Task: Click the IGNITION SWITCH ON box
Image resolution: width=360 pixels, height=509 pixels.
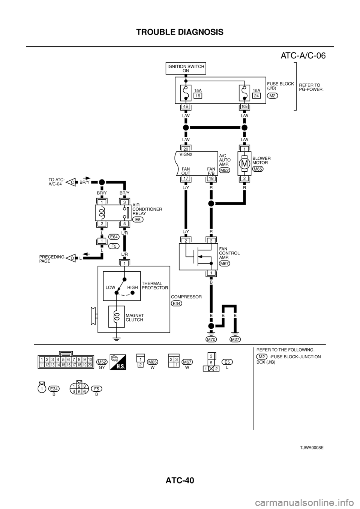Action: [x=186, y=69]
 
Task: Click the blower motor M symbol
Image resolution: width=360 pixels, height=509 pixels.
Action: [x=244, y=163]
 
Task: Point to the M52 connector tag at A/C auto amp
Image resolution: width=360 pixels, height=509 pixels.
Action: [x=225, y=170]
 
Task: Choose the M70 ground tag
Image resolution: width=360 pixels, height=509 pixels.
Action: [x=211, y=339]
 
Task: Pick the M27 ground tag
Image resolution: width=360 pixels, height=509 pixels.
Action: [x=235, y=339]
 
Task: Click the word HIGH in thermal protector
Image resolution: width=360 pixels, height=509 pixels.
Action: [x=133, y=287]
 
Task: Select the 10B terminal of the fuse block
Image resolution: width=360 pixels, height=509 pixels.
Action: [x=244, y=106]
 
